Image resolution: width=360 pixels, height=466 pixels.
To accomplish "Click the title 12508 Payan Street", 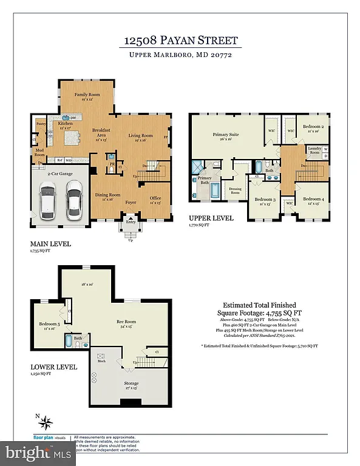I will (180, 41).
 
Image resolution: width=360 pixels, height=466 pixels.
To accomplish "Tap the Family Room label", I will (86, 95).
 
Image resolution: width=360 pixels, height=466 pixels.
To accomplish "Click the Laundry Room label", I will (314, 149).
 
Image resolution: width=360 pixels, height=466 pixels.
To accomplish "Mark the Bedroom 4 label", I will (313, 199).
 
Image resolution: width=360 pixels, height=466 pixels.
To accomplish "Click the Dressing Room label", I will (234, 189).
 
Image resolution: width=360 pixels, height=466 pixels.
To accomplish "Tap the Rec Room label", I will (126, 322).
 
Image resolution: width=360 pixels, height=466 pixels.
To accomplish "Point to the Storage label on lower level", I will (131, 383).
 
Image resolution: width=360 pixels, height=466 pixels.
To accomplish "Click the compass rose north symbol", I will (47, 420).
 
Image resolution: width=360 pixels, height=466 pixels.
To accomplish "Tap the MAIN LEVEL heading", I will (50, 244).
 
